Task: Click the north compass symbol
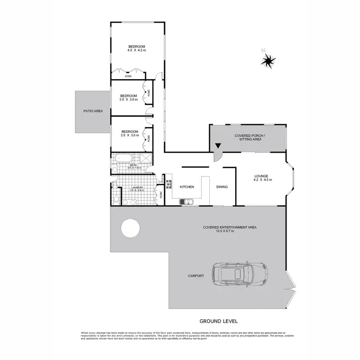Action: click(268, 60)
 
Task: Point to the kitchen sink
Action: click(185, 202)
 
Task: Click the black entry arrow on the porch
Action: click(218, 146)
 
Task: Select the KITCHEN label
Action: click(187, 187)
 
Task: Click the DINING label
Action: click(222, 187)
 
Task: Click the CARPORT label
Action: click(196, 276)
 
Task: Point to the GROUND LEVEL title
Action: click(218, 320)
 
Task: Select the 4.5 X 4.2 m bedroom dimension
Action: click(136, 50)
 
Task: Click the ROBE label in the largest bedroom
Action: click(128, 76)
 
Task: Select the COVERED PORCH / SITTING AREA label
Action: click(248, 138)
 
